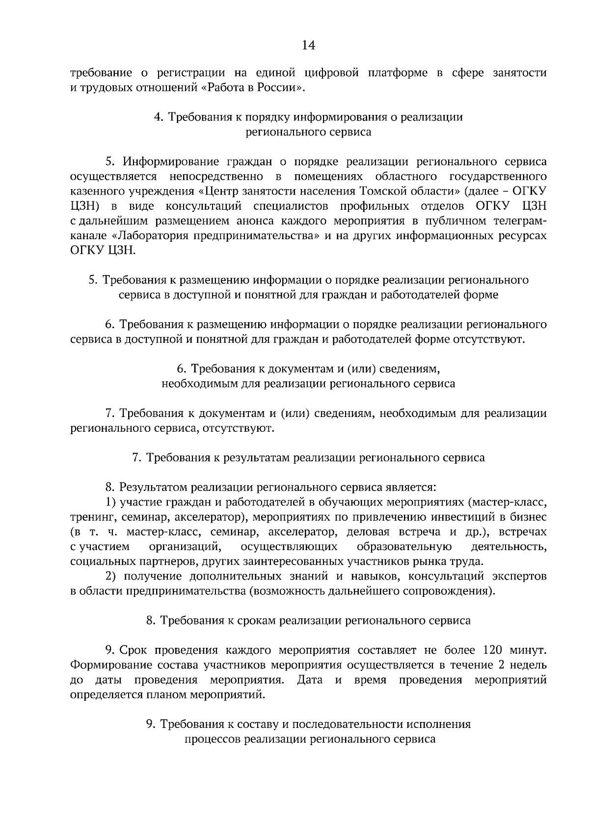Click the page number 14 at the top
(308, 46)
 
